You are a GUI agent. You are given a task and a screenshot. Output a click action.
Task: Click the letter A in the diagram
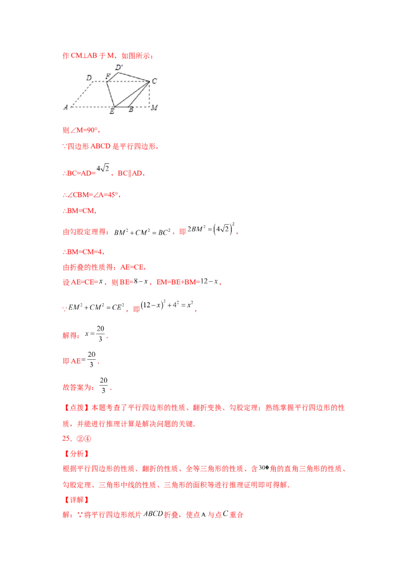click(66, 107)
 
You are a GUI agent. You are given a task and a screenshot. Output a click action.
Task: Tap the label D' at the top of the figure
click(119, 67)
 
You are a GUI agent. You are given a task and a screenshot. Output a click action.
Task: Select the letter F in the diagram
click(108, 77)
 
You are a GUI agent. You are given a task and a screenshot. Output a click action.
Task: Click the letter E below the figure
click(111, 111)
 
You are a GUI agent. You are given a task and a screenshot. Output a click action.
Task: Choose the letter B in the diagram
click(130, 110)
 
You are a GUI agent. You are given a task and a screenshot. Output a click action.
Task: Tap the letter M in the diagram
click(154, 108)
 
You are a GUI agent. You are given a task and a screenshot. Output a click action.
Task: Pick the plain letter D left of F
click(89, 78)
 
